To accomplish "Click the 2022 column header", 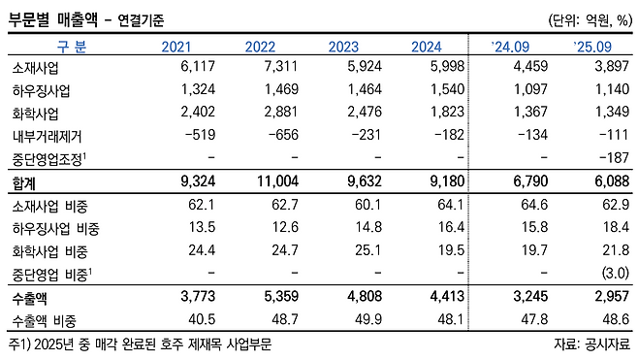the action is pyautogui.click(x=260, y=47).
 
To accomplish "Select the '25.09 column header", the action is pyautogui.click(x=592, y=47).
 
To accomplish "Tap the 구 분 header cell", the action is pyautogui.click(x=71, y=47).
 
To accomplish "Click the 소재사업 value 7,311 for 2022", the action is pyautogui.click(x=281, y=66).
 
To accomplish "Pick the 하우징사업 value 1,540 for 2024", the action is pyautogui.click(x=447, y=88).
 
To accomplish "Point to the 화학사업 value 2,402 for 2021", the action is pyautogui.click(x=198, y=112).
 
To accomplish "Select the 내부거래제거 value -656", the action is pyautogui.click(x=283, y=134).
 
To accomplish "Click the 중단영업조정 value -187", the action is pyautogui.click(x=615, y=157).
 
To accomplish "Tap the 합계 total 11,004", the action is pyautogui.click(x=278, y=180).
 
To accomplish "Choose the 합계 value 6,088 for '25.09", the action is pyautogui.click(x=612, y=180).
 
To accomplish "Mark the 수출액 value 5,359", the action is pyautogui.click(x=281, y=296).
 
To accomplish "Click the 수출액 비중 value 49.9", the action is pyautogui.click(x=368, y=319).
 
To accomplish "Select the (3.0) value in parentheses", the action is pyautogui.click(x=616, y=273).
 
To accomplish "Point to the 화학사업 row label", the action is pyautogui.click(x=36, y=113).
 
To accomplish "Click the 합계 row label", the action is pyautogui.click(x=24, y=182).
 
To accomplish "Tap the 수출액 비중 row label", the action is pyautogui.click(x=45, y=321).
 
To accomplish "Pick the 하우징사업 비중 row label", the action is pyautogui.click(x=55, y=228).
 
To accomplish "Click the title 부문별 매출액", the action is pyautogui.click(x=53, y=19).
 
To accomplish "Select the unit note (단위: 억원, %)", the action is pyautogui.click(x=590, y=20).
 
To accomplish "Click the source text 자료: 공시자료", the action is pyautogui.click(x=591, y=344).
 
